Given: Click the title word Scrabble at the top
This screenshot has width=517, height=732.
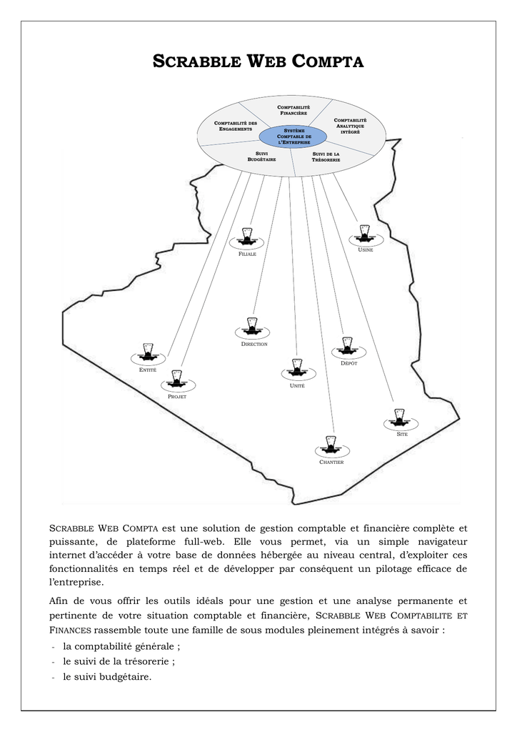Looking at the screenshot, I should tap(194, 62).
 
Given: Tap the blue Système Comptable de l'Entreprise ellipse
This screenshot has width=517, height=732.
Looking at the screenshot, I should tap(293, 136).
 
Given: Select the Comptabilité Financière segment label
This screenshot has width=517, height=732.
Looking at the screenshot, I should tap(293, 109).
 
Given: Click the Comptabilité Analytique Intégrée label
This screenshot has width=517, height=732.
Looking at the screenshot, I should tap(350, 126).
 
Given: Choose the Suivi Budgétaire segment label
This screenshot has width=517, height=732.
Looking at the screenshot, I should tap(261, 157).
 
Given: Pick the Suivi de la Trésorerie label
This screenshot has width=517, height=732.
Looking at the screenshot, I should tap(326, 157).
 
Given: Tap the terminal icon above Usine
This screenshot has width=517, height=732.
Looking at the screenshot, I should tap(365, 233).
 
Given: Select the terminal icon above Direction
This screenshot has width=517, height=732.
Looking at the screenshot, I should tap(251, 327).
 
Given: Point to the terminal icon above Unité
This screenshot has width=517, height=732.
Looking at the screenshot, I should tap(296, 368).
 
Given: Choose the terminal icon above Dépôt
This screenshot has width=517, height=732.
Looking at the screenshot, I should tap(348, 347).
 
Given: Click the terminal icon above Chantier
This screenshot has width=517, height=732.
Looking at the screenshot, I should tap(331, 445).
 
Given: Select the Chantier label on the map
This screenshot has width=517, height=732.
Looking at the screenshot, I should tap(331, 463).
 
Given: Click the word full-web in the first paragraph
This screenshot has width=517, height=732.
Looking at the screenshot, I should tap(204, 542).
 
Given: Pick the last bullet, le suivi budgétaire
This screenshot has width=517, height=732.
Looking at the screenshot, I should tap(107, 676).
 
